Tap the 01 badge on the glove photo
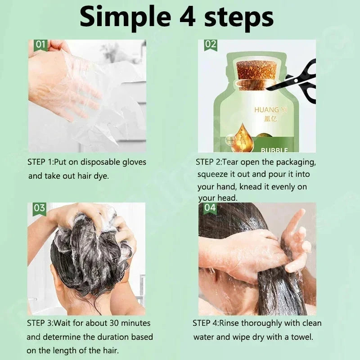(40, 44)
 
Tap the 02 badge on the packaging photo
(210, 44)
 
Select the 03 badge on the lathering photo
(40, 207)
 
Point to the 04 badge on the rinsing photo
(210, 207)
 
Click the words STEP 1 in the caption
(40, 162)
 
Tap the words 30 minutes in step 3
(128, 323)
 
